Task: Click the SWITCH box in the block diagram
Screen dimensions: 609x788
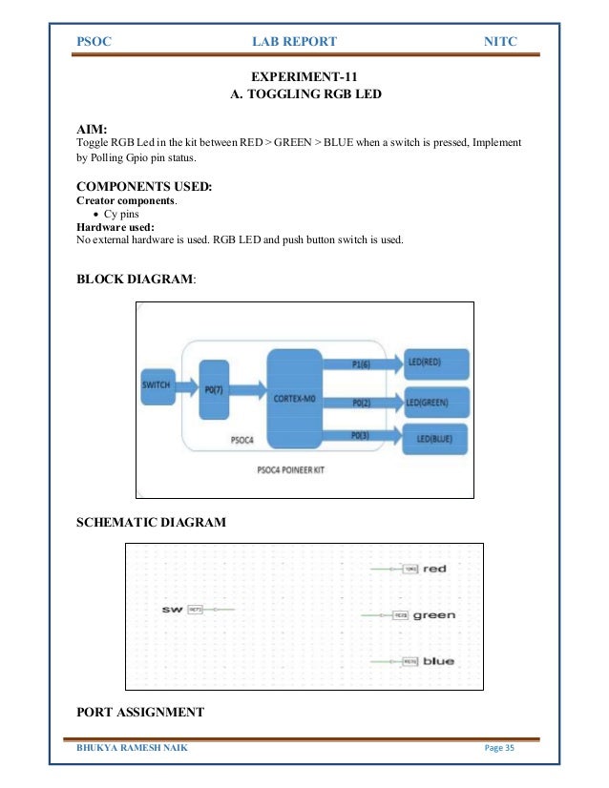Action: (x=157, y=384)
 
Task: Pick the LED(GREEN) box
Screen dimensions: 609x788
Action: (x=438, y=402)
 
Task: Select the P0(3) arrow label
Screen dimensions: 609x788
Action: (x=361, y=436)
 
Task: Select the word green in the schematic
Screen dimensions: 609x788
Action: (x=434, y=615)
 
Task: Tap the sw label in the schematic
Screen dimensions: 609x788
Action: (x=172, y=608)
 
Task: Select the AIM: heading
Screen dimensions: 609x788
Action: (x=92, y=127)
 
